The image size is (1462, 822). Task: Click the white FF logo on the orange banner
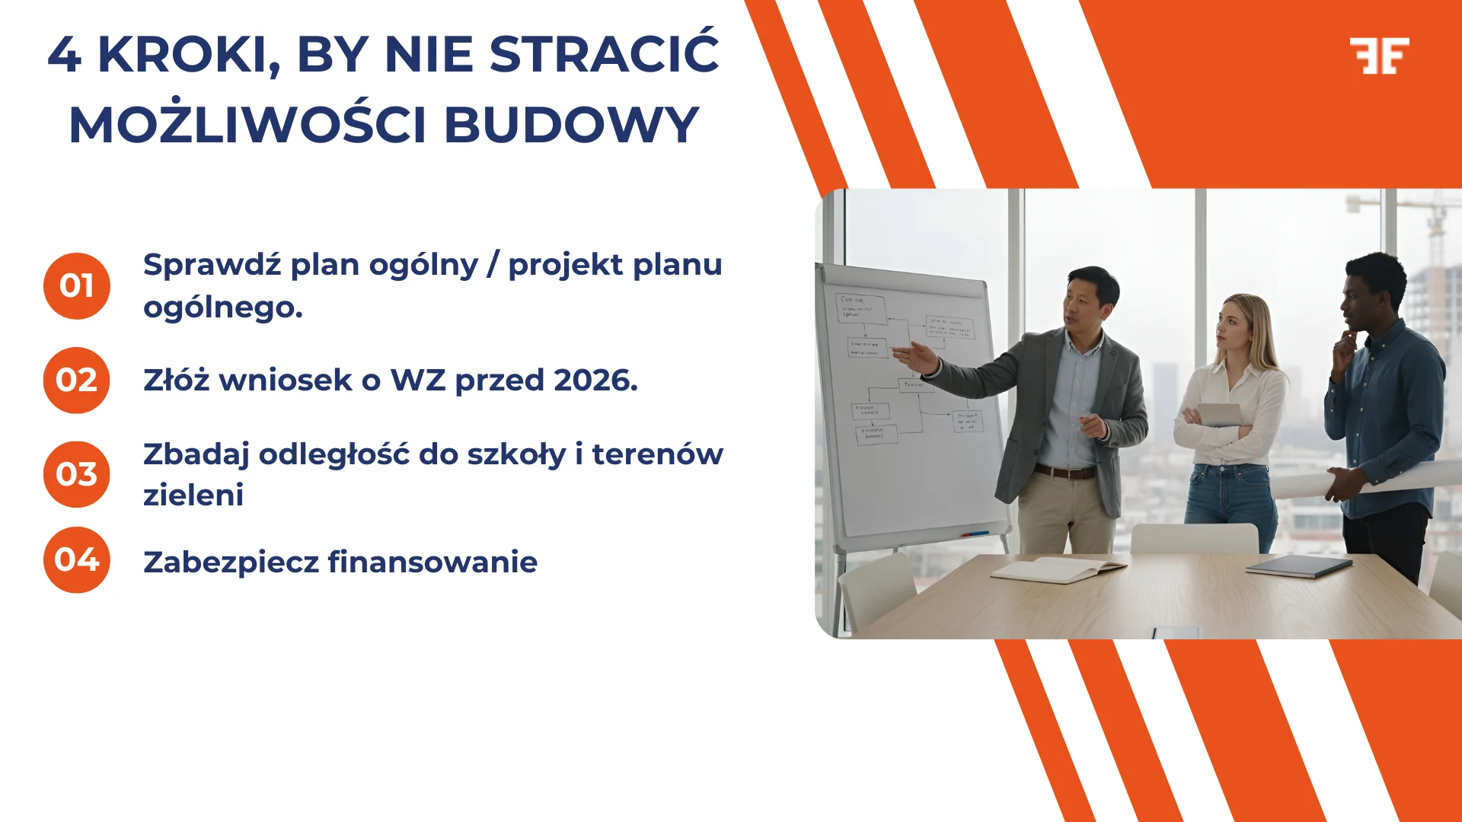[1379, 56]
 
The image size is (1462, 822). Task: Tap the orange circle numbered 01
[77, 286]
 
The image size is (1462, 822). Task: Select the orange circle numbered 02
[77, 381]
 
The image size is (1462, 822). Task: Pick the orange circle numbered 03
[77, 474]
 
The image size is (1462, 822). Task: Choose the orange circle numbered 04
[77, 560]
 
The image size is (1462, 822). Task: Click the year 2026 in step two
[595, 381]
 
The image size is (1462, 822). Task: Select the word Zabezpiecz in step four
[231, 562]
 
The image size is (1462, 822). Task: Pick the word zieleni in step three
[193, 495]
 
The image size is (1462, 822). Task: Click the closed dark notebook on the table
[1300, 566]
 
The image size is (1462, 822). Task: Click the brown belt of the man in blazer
[1065, 473]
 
